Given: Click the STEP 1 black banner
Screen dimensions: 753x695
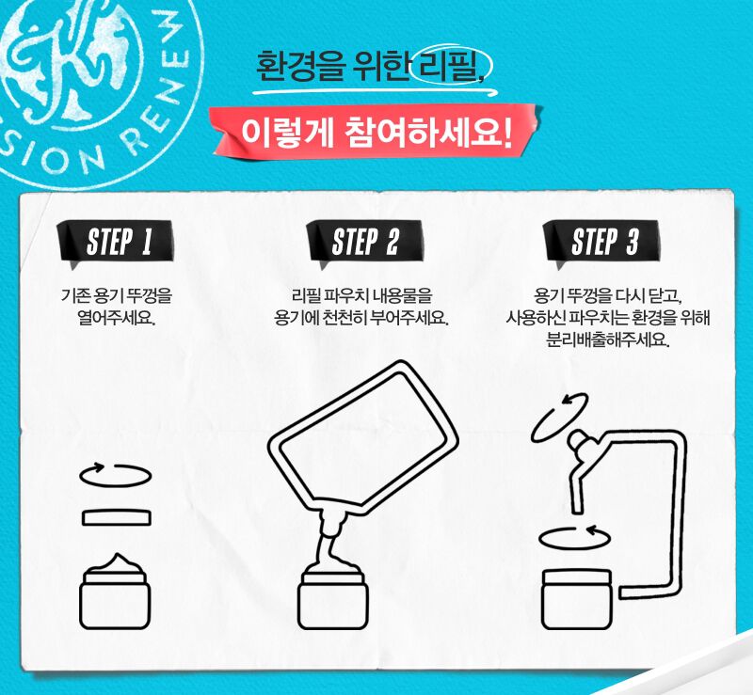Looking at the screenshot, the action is (x=115, y=242).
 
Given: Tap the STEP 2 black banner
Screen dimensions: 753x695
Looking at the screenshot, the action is (x=365, y=242).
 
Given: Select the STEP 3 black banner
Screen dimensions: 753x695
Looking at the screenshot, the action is (x=601, y=242).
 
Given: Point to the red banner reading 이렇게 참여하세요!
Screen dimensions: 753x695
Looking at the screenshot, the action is (x=376, y=132).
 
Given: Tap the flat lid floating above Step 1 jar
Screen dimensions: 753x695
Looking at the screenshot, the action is (x=116, y=518).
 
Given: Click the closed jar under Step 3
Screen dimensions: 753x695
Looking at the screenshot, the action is (x=577, y=599).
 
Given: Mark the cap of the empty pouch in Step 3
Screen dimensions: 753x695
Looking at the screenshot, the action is (x=579, y=441).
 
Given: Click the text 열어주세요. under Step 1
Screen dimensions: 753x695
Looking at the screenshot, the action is (x=116, y=318).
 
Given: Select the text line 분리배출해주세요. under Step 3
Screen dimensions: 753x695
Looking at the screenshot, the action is (x=608, y=340).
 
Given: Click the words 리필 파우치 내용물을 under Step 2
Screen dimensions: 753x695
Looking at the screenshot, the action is (x=362, y=295).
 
